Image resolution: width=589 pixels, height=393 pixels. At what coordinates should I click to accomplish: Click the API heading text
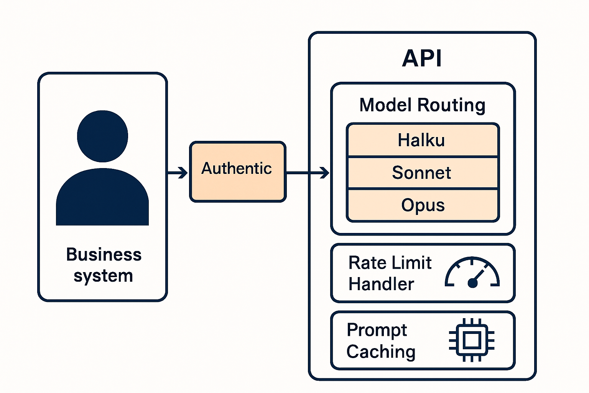(x=422, y=58)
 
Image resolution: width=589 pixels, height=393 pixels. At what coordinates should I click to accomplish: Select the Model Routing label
(x=422, y=105)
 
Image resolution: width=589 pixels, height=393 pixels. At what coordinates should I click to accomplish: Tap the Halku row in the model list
(x=423, y=140)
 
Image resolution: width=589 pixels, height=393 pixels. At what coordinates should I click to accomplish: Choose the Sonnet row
(x=423, y=173)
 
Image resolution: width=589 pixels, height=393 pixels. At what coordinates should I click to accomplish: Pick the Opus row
(x=423, y=205)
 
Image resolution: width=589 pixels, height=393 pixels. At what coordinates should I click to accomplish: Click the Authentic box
(x=238, y=172)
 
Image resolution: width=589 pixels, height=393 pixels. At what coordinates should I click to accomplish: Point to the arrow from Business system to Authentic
(x=178, y=173)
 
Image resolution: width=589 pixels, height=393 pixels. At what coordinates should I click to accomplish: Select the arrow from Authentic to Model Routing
(x=308, y=173)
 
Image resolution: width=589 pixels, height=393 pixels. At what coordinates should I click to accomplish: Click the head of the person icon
(x=102, y=136)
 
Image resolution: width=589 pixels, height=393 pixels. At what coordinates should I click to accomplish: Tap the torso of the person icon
(x=102, y=197)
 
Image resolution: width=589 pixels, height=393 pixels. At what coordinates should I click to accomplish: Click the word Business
(x=104, y=254)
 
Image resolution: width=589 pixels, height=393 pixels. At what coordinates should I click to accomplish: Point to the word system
(x=103, y=276)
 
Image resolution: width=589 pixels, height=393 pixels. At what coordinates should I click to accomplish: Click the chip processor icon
(x=472, y=340)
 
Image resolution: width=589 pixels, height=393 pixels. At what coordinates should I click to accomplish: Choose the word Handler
(x=381, y=284)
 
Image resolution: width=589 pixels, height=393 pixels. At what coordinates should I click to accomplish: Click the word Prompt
(x=377, y=330)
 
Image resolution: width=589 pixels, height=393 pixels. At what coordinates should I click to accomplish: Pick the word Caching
(x=381, y=352)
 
